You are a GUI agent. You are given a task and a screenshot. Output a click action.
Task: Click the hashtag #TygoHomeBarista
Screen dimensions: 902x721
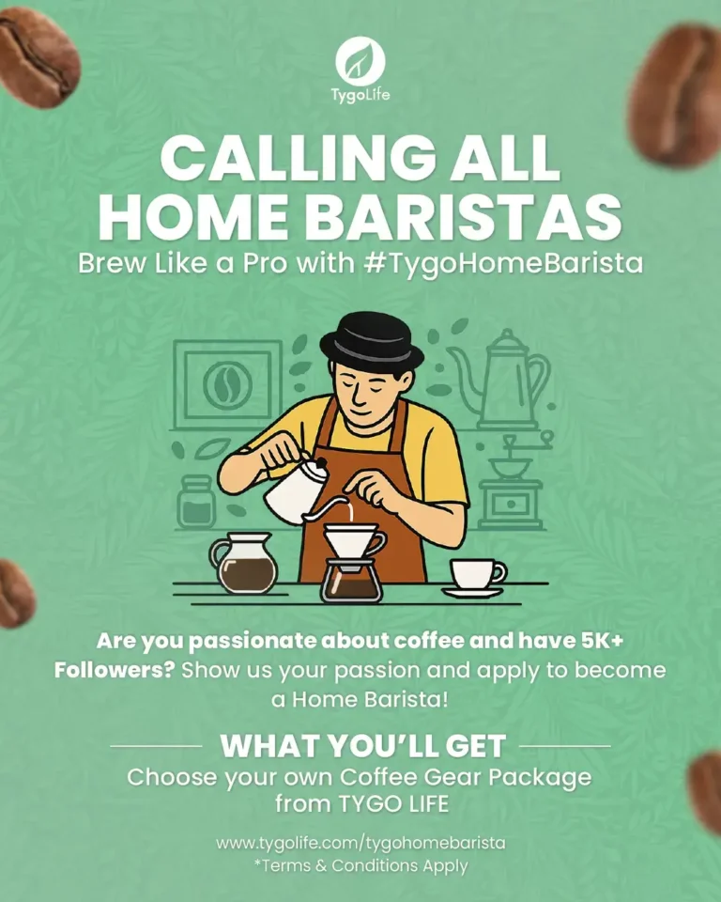coord(502,263)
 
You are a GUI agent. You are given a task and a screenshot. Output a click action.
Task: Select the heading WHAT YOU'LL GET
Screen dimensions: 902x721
coord(362,747)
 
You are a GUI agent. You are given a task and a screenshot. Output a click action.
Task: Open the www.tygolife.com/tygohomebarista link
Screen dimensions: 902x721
coord(360,843)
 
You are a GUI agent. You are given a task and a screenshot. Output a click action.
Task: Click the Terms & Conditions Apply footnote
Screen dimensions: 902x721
coord(360,865)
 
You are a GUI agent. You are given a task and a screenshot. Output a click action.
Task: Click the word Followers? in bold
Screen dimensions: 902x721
coord(114,672)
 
